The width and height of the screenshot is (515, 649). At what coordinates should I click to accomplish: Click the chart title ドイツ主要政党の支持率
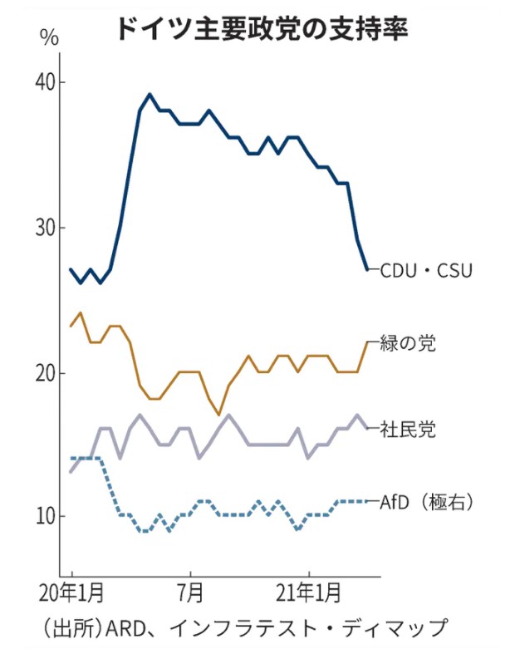[x=260, y=31]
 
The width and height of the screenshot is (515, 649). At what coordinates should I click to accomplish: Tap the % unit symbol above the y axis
[x=49, y=37]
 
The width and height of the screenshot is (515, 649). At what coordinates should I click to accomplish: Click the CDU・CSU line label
[x=426, y=269]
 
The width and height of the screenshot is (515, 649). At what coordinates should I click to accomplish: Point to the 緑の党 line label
[x=408, y=342]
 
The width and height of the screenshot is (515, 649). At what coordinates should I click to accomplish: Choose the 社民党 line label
[x=408, y=429]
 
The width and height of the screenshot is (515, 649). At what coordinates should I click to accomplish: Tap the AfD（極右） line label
[x=425, y=501]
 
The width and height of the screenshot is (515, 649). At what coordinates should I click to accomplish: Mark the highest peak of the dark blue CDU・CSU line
[x=150, y=95]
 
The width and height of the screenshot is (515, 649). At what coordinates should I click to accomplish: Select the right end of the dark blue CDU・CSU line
[x=367, y=268]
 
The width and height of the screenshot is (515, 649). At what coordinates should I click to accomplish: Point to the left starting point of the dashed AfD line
[x=71, y=458]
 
